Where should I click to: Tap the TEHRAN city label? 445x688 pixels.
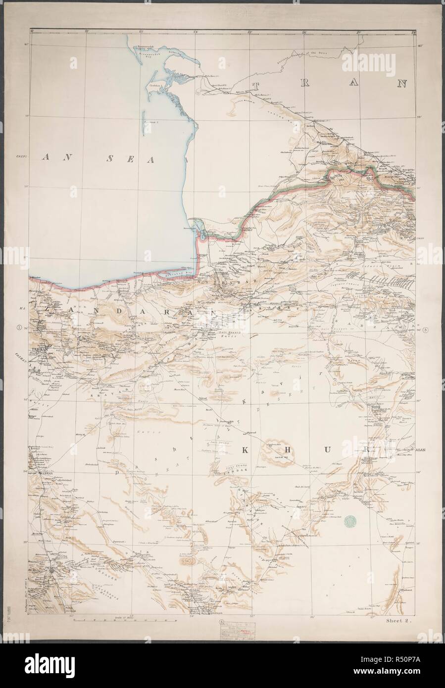click(x=38, y=349)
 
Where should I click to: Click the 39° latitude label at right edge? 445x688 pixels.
click(x=420, y=117)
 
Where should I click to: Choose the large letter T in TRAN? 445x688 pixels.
click(x=257, y=85)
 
